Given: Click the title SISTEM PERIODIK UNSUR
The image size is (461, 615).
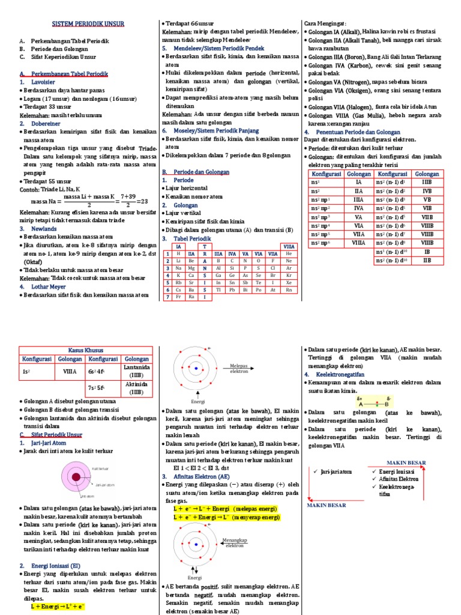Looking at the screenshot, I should (x=95, y=24).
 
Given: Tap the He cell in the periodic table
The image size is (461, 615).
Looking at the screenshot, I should (x=289, y=253).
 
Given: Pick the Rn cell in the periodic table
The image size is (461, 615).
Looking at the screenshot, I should (x=289, y=289).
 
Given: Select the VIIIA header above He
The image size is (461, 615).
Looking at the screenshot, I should (x=289, y=246).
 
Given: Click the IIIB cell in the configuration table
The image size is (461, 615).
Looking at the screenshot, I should (x=427, y=181).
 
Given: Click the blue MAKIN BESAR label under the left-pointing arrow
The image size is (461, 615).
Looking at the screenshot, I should (x=327, y=505).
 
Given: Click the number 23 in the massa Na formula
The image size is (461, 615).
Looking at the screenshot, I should (x=142, y=201).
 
